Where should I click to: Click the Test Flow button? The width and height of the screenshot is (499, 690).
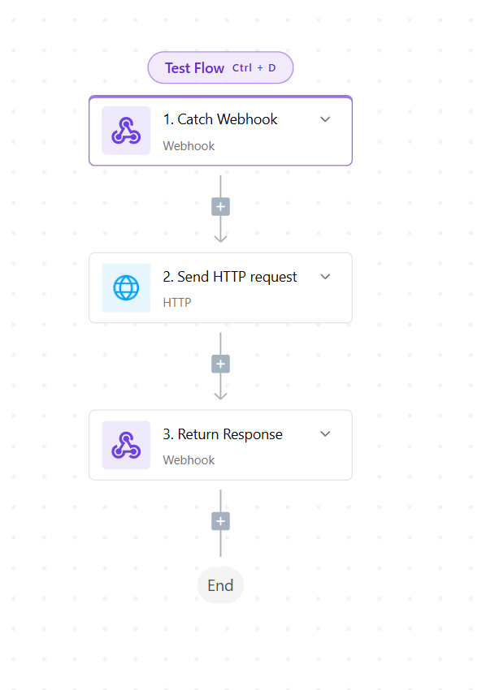pyautogui.click(x=220, y=67)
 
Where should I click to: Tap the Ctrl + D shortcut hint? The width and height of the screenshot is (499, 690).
pyautogui.click(x=254, y=67)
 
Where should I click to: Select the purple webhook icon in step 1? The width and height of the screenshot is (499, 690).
pyautogui.click(x=126, y=131)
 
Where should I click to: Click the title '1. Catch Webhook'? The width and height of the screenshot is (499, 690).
pyautogui.click(x=220, y=119)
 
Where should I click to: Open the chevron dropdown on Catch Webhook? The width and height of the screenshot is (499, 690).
pyautogui.click(x=325, y=119)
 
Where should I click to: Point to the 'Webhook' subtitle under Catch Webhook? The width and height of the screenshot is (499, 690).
pyautogui.click(x=189, y=146)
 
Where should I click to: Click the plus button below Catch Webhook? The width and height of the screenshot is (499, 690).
pyautogui.click(x=221, y=207)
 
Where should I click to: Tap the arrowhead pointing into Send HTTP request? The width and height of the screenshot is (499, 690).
pyautogui.click(x=221, y=239)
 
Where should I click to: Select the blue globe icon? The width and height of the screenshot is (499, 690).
pyautogui.click(x=126, y=288)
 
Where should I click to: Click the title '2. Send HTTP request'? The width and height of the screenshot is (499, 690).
pyautogui.click(x=230, y=277)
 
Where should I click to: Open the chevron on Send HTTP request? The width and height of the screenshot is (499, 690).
pyautogui.click(x=325, y=277)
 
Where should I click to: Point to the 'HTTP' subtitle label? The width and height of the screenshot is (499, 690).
pyautogui.click(x=177, y=303)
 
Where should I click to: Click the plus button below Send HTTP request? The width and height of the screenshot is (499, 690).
pyautogui.click(x=221, y=364)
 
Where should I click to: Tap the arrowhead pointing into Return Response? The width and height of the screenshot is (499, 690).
pyautogui.click(x=221, y=395)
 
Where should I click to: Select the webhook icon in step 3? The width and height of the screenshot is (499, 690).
pyautogui.click(x=126, y=445)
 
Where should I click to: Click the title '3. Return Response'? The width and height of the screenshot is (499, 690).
pyautogui.click(x=223, y=434)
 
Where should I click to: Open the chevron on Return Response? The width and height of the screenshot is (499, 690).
pyautogui.click(x=325, y=434)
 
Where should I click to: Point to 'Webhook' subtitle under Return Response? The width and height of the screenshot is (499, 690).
pyautogui.click(x=189, y=460)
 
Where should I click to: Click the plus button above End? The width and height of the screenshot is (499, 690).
pyautogui.click(x=221, y=521)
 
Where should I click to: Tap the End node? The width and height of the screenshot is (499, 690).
pyautogui.click(x=220, y=585)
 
